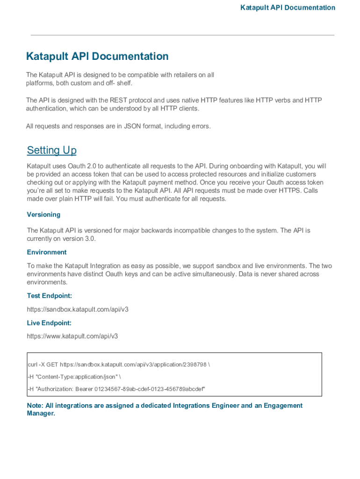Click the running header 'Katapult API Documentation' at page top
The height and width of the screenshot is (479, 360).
[x=288, y=7]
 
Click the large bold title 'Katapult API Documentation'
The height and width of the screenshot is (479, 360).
[x=97, y=57]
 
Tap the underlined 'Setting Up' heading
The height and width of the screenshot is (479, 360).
[x=51, y=150]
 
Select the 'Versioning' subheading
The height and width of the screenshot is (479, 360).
[x=43, y=215]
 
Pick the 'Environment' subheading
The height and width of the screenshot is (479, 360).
[x=47, y=252]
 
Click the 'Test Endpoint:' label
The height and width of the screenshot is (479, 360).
[x=49, y=296]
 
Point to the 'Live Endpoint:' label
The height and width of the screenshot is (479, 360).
[x=49, y=323]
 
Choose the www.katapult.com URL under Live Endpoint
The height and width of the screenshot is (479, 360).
[x=72, y=336]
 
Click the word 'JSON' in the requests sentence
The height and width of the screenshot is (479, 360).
[x=132, y=126]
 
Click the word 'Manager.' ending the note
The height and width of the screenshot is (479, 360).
[x=41, y=414]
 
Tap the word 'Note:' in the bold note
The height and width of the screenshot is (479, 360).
[x=35, y=406]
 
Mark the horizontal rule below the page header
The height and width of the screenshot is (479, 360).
[x=182, y=35]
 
